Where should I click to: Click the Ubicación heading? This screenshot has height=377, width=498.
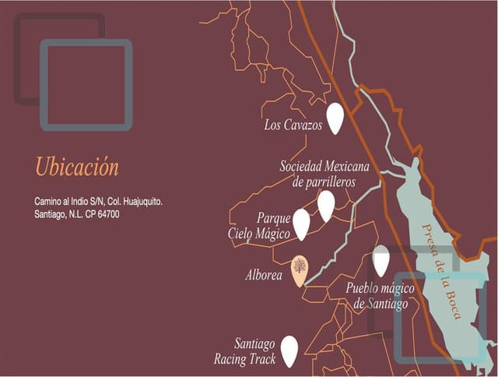coord(77,167)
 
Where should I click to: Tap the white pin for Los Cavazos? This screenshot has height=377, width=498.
coord(335,118)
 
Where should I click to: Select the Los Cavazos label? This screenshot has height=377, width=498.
coord(293,125)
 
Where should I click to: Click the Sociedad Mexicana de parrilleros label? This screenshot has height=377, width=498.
coord(324,174)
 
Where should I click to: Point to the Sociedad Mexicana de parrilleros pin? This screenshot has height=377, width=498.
coord(326,205)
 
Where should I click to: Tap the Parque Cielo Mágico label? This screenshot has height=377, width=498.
coord(259,225)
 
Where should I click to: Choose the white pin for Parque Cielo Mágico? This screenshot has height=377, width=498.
coord(301,224)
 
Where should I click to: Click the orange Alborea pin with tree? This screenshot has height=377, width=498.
coord(299,270)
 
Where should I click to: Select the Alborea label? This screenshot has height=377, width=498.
coord(264,275)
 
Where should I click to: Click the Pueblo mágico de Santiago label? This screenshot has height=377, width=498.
coord(380,296)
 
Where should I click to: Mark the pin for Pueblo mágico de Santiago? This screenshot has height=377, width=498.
coord(381,260)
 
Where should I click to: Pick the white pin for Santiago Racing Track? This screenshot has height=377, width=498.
coord(289,351)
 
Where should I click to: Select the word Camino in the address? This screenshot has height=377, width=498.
coord(48,201)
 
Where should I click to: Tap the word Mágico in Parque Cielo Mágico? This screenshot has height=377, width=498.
coord(273,233)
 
